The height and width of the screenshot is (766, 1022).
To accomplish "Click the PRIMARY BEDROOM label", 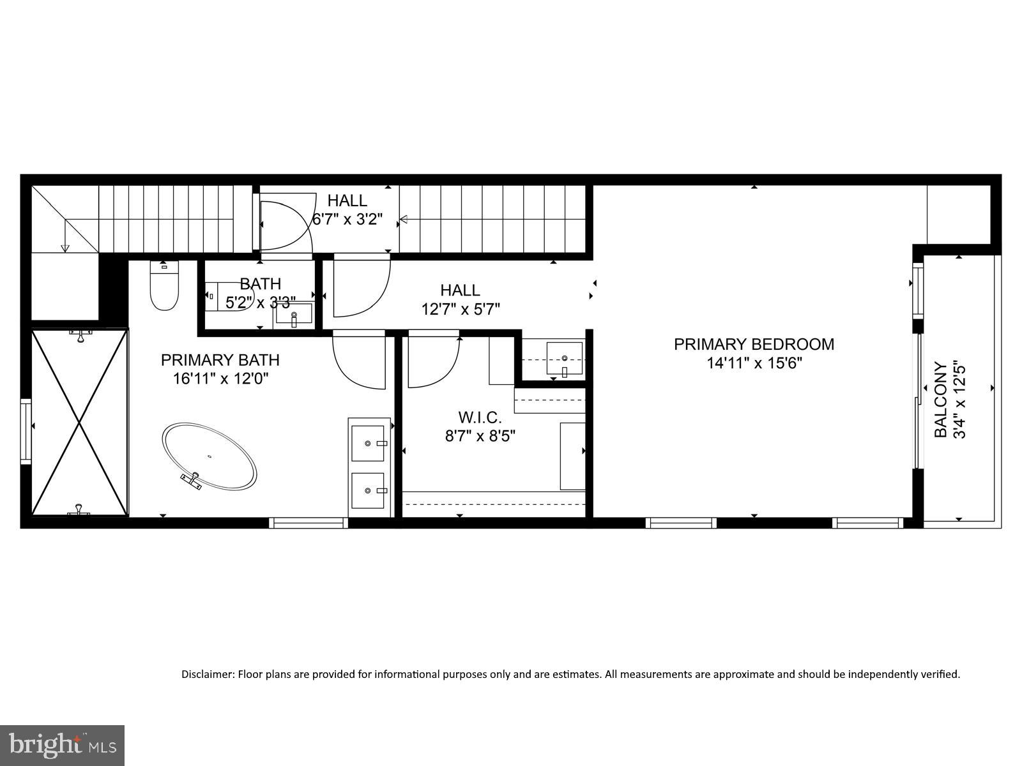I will (x=754, y=344).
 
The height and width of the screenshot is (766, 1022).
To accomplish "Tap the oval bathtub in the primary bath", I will (x=210, y=456).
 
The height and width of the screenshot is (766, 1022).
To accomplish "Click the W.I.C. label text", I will (x=480, y=417).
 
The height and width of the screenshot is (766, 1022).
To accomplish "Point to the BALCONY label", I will (x=941, y=400).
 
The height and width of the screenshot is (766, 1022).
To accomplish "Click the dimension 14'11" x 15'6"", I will (x=754, y=363).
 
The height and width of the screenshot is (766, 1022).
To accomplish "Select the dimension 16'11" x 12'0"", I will (x=220, y=379).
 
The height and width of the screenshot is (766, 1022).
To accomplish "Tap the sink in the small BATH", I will (x=294, y=315).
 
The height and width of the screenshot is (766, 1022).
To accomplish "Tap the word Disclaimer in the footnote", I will (x=208, y=674).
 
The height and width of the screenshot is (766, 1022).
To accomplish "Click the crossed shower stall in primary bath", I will (x=79, y=421).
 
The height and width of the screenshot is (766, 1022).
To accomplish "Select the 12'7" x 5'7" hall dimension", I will (x=460, y=309).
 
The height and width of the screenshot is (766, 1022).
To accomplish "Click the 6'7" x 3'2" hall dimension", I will (x=347, y=220).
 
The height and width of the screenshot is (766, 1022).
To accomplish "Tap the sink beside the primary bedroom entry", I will (x=565, y=359).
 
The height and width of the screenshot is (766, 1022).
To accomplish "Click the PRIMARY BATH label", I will (x=220, y=360).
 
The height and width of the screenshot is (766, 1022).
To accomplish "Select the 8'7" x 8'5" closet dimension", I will (x=480, y=436).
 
